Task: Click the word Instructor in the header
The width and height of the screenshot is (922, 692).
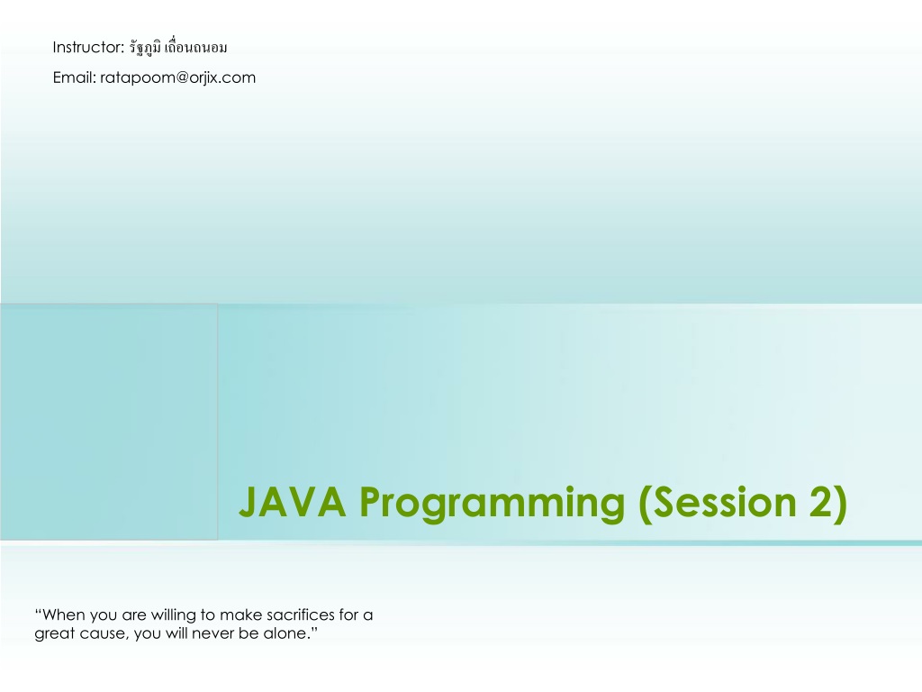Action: [x=88, y=47]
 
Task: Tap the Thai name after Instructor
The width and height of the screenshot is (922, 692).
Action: [x=178, y=47]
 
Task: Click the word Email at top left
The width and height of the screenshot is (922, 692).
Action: [x=74, y=77]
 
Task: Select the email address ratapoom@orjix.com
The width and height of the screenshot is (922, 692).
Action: [x=177, y=78]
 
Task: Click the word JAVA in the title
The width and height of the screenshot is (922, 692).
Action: [x=293, y=502]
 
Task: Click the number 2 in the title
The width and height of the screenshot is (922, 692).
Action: [x=821, y=502]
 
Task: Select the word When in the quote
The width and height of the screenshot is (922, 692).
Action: [x=64, y=615]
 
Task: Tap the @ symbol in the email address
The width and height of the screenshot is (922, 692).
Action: [x=182, y=78]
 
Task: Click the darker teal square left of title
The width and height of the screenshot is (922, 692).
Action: [x=109, y=422]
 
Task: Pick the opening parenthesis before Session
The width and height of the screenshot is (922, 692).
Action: [x=645, y=504]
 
